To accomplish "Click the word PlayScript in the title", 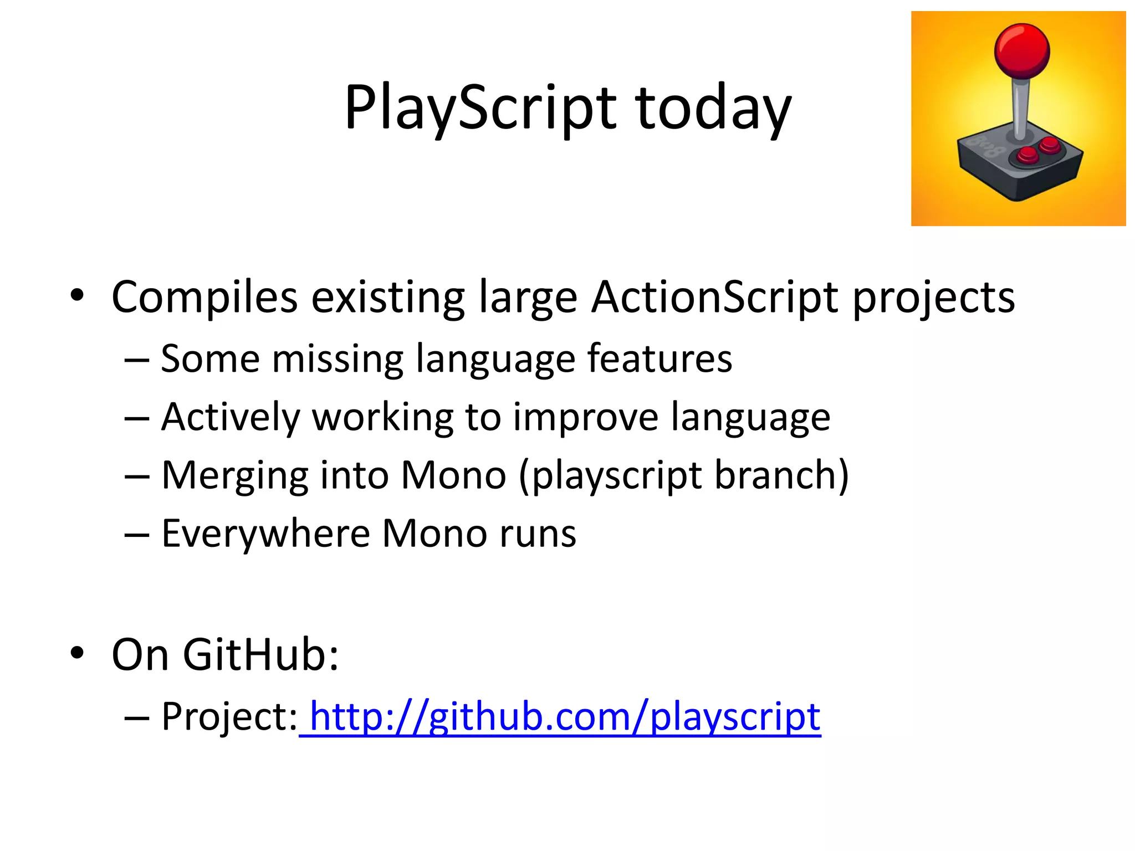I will click(480, 108).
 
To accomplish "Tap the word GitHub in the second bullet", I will click(260, 655).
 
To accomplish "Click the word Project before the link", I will click(228, 717).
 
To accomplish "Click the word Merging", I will click(235, 475).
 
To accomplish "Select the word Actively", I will click(231, 417).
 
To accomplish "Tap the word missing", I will click(338, 359).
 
